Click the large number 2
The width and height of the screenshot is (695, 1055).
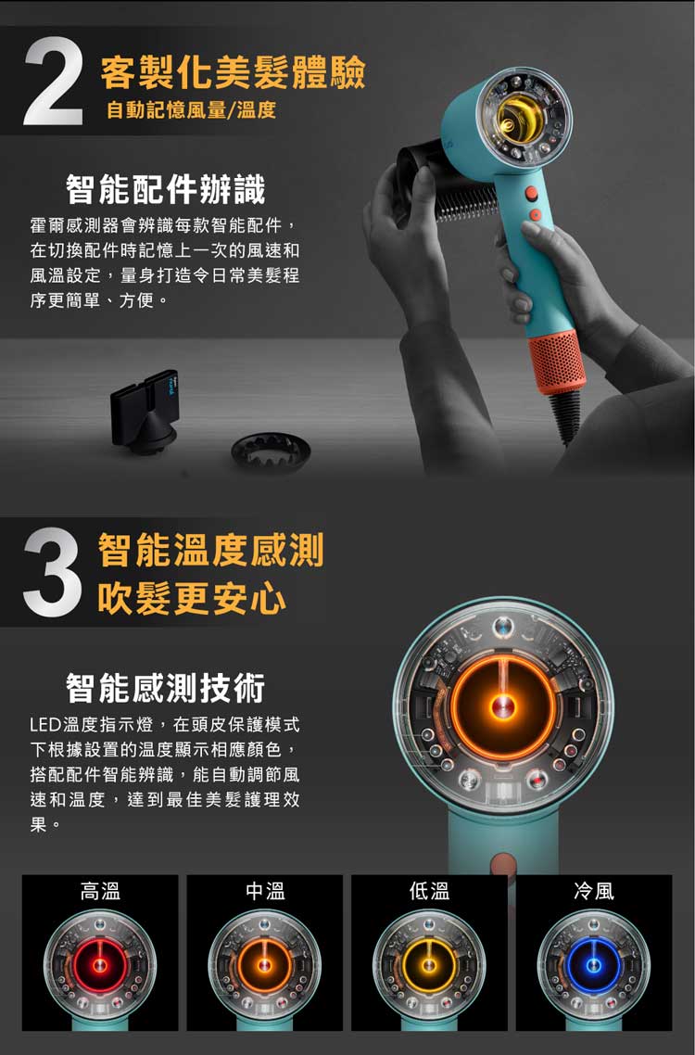click(53, 83)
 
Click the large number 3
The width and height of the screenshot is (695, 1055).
click(53, 573)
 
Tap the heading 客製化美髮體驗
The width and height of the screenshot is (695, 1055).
click(233, 72)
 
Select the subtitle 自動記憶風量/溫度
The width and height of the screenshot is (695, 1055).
click(191, 110)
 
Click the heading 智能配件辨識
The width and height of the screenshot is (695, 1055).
click(166, 189)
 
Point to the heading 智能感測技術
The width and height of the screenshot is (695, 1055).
click(166, 688)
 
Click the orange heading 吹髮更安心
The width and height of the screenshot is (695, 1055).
click(192, 598)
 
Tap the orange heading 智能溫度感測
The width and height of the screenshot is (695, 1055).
click(211, 549)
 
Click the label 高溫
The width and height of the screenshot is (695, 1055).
click(100, 892)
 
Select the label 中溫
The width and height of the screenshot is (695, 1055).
click(265, 892)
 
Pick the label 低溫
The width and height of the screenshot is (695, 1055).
click(429, 892)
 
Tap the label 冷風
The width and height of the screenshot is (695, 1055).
click(594, 892)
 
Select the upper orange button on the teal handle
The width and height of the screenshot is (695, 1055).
click(531, 194)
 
